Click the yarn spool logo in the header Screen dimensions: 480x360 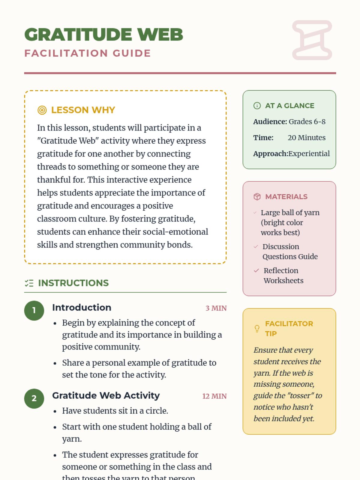(x=312, y=40)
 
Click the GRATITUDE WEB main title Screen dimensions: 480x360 (x=103, y=34)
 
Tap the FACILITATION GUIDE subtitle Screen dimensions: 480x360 (x=87, y=53)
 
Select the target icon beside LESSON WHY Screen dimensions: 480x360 (x=42, y=110)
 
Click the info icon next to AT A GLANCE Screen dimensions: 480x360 (x=257, y=106)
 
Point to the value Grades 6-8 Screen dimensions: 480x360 (x=307, y=121)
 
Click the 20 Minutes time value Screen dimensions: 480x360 (x=306, y=138)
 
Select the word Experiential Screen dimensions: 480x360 (x=309, y=154)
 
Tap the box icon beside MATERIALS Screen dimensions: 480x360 (x=257, y=196)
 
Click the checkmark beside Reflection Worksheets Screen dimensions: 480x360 (x=256, y=271)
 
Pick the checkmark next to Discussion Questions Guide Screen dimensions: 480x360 (x=256, y=247)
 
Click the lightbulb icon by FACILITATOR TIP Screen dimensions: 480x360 (x=257, y=328)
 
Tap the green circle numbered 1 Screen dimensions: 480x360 (x=34, y=310)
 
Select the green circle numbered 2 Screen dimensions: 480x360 (x=34, y=399)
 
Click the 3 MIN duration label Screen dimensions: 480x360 (x=216, y=308)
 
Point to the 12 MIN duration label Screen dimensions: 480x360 (x=214, y=396)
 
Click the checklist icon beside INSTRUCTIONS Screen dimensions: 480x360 (x=29, y=283)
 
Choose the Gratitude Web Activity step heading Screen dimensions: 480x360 (x=106, y=395)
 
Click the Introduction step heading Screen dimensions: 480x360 (x=82, y=307)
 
